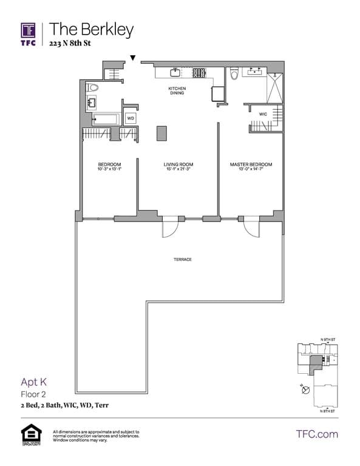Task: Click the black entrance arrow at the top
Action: (133, 58)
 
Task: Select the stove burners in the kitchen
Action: (199, 73)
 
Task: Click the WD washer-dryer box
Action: (131, 118)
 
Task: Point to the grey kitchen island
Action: (161, 133)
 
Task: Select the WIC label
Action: (263, 113)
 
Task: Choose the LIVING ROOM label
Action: (178, 164)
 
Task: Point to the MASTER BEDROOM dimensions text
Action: (250, 169)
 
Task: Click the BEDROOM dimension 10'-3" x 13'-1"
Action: (109, 169)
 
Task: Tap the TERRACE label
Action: (182, 260)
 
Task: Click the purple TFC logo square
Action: (28, 30)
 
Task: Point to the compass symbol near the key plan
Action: (307, 390)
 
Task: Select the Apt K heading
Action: (34, 382)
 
